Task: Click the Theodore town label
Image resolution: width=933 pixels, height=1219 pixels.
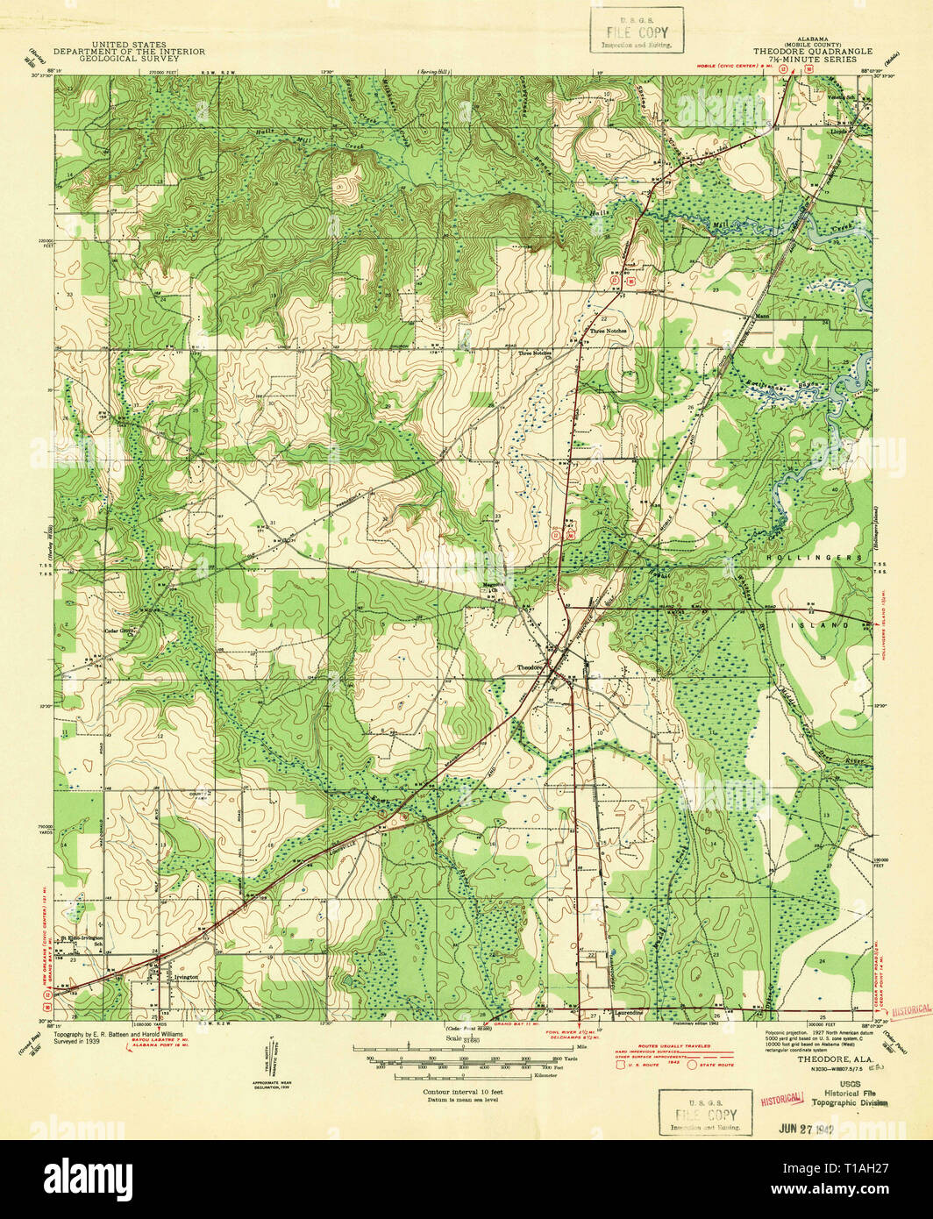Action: click(x=527, y=667)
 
